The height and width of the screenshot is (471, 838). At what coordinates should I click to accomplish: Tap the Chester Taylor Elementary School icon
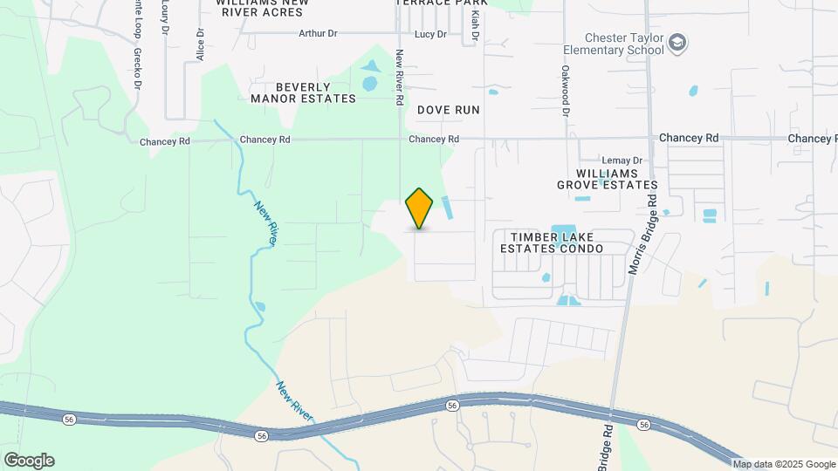(677, 43)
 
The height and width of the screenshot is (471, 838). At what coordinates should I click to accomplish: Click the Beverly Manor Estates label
(303, 93)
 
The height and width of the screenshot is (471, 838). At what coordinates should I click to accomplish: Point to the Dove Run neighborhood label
(449, 110)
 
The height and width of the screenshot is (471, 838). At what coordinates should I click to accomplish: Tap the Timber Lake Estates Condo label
(552, 242)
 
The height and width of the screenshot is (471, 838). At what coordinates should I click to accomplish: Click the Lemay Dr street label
(622, 160)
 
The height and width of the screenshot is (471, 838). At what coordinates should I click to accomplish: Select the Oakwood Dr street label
(566, 92)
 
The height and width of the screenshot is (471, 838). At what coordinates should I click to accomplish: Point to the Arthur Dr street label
(318, 34)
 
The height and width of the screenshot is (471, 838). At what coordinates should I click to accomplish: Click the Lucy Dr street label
(430, 34)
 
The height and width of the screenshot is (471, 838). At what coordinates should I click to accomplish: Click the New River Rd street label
(399, 77)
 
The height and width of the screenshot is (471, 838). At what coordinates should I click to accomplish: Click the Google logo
(29, 461)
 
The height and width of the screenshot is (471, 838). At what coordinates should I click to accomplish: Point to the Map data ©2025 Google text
(783, 464)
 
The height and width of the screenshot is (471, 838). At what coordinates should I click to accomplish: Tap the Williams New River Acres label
(262, 7)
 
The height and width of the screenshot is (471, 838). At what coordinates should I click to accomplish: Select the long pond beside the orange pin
(448, 208)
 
